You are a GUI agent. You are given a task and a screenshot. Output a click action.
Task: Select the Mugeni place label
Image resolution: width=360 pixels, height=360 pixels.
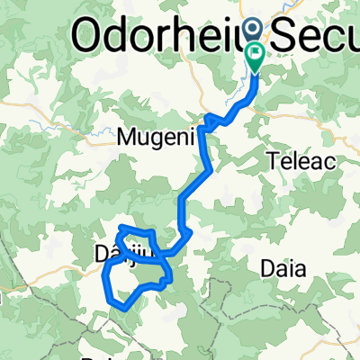tap(148, 139)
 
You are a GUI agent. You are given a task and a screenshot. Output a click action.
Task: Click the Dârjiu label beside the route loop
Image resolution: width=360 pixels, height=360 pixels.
tap(105, 255)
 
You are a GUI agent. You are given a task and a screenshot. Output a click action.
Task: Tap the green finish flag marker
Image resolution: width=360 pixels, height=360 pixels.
tap(256, 56)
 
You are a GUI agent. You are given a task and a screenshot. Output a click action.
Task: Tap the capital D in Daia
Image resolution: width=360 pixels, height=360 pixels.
tap(266, 267)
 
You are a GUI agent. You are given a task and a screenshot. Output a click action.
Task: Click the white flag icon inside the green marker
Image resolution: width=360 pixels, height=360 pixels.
tap(256, 53)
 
